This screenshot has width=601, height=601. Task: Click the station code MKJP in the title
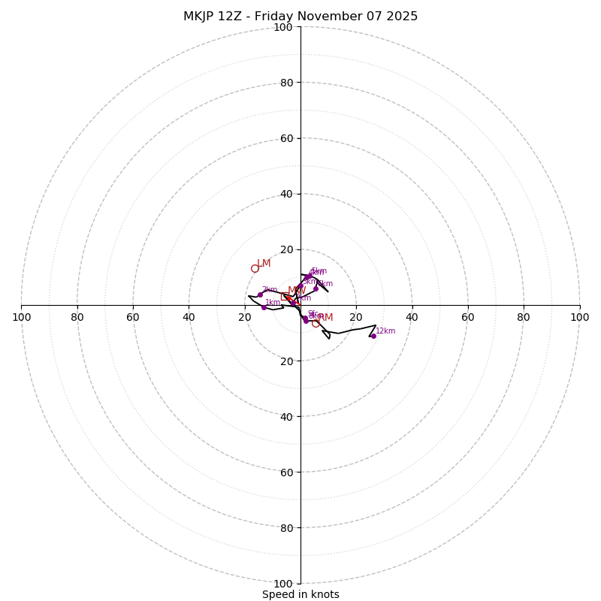pos(201,17)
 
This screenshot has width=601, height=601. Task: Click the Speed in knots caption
pos(300,594)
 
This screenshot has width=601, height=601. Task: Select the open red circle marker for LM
pos(255,268)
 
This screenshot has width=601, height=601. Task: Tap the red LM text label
pos(264,264)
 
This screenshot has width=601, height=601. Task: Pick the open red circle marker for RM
pos(316,323)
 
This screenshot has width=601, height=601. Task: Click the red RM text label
pos(325,318)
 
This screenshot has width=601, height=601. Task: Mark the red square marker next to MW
pos(288,297)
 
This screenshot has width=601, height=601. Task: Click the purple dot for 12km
pos(373,336)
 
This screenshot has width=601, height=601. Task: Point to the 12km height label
pos(385,331)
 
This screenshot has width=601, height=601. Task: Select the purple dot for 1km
pos(264,307)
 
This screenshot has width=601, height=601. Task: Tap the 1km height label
pos(273,303)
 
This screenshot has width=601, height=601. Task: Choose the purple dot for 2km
pos(260,294)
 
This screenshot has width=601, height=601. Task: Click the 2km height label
pos(270,290)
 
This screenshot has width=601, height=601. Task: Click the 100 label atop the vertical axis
pos(283,27)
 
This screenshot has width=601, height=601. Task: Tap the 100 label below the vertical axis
pos(283,583)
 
